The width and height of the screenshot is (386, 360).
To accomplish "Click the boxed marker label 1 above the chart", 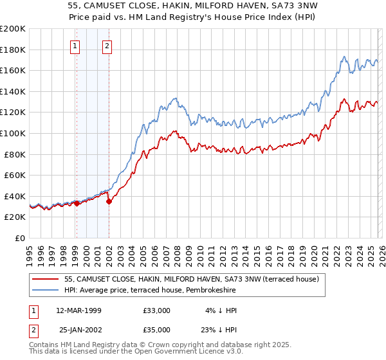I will tap(76, 46).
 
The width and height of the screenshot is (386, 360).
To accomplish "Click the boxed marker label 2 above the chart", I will tap(106, 46).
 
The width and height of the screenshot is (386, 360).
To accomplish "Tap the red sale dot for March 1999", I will tap(77, 203).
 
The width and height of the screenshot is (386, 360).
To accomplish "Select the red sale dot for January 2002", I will tap(109, 201).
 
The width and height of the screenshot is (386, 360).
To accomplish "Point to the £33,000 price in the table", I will tap(156, 310).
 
